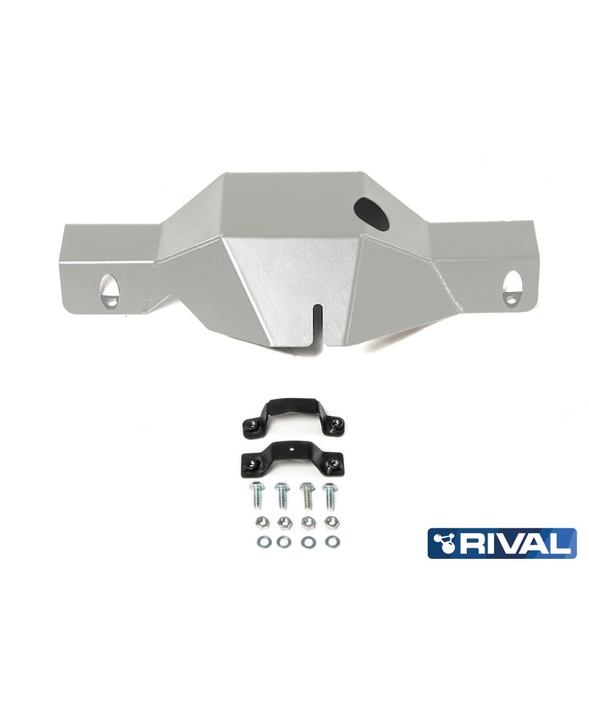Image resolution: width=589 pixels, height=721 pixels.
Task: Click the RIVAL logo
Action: coord(502,543)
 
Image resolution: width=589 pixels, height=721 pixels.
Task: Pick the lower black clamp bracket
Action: coord(292,455)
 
